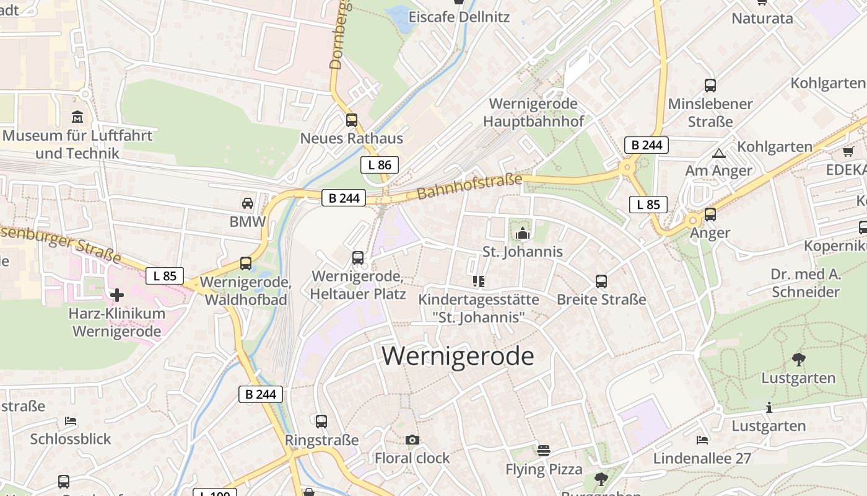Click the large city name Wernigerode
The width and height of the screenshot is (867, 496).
point(458,356)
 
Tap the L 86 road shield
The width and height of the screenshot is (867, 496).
point(379,164)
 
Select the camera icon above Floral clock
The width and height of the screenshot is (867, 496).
point(412,440)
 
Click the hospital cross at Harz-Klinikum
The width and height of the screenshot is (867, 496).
point(117,294)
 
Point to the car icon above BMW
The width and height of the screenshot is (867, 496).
point(247,203)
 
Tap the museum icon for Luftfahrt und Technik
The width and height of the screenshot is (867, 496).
point(77,117)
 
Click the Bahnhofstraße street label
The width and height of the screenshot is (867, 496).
point(469,186)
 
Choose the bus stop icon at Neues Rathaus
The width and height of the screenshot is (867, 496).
point(352,120)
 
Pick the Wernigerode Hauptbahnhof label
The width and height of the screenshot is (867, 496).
point(533,112)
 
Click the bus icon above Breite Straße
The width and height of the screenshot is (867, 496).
point(601,281)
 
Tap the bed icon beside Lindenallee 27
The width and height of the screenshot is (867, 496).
point(702,440)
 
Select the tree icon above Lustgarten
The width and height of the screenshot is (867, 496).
point(798,359)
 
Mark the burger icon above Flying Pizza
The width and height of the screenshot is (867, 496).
point(544,451)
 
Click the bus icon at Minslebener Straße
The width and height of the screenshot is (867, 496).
point(710,86)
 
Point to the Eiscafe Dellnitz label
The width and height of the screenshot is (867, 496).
point(459,17)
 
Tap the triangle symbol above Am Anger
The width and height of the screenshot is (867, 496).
point(718,153)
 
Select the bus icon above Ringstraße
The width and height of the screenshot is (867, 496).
point(321,422)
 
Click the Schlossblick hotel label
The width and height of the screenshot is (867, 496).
point(71,439)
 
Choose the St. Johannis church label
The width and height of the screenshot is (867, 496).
point(523,251)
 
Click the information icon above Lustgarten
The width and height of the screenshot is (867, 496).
point(769,407)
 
